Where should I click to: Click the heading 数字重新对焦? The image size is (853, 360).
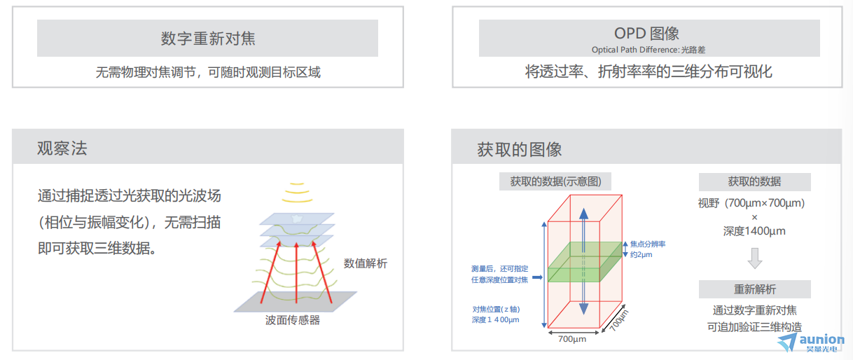click(208, 39)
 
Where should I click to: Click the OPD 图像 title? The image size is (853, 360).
click(646, 34)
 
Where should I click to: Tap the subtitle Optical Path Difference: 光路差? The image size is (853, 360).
click(648, 50)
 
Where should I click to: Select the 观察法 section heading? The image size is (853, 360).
click(62, 148)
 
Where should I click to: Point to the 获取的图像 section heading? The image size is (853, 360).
click(520, 149)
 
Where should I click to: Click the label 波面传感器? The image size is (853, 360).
click(293, 320)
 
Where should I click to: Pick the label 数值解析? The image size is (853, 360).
click(365, 263)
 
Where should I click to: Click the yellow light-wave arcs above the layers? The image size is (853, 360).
click(297, 193)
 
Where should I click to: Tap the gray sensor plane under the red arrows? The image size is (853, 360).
click(296, 302)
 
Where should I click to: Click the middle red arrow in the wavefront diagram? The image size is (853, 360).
click(297, 272)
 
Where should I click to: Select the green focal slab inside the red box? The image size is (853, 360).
click(585, 262)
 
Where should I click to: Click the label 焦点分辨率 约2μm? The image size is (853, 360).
click(647, 249)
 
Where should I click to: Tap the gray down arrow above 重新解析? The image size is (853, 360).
click(754, 258)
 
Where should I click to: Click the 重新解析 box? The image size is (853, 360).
click(754, 289)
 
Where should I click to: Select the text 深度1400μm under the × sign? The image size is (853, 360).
click(754, 231)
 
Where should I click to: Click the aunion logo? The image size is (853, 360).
click(811, 342)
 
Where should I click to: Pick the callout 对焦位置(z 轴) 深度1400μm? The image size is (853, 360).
click(496, 314)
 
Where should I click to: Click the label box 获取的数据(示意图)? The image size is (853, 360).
click(555, 181)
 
